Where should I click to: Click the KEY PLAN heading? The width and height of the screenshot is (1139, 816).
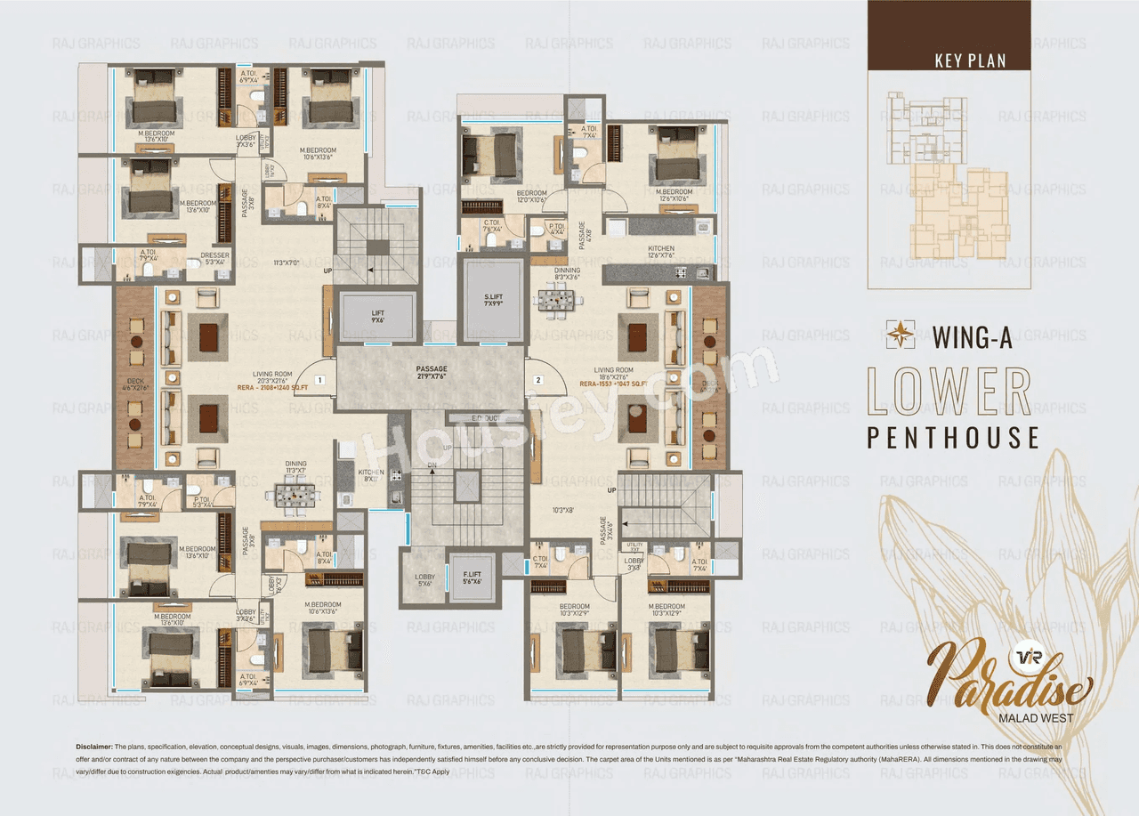tap(970, 61)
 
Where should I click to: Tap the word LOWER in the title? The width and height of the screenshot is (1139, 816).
tap(949, 392)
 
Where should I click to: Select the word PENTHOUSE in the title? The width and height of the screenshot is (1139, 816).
tap(953, 438)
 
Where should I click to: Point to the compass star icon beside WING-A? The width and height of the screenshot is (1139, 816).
tap(901, 335)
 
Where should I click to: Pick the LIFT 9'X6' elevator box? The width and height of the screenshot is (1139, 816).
tap(377, 316)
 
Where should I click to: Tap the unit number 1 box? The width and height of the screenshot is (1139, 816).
tap(319, 380)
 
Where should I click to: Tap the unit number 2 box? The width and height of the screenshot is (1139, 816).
tap(537, 380)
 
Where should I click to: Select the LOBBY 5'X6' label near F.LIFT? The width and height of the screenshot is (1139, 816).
tap(425, 580)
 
